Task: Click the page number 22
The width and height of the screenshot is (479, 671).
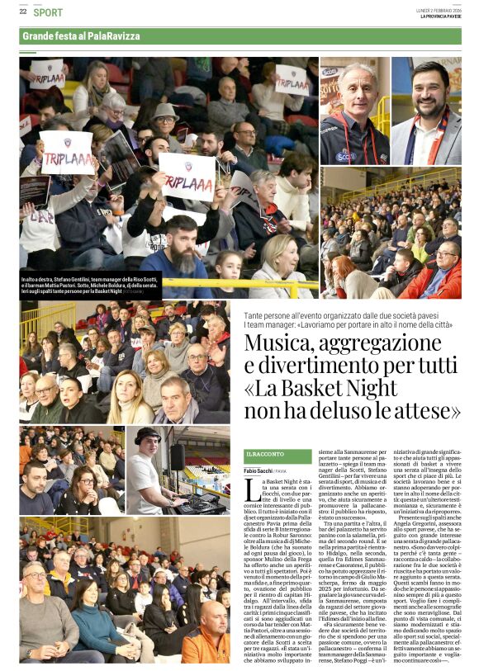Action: point(23,12)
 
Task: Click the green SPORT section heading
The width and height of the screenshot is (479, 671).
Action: point(49,12)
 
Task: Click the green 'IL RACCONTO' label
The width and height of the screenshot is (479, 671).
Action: point(260,456)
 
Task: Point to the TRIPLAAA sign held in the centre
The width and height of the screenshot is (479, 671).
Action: point(187,176)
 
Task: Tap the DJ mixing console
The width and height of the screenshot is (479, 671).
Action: point(202,500)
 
